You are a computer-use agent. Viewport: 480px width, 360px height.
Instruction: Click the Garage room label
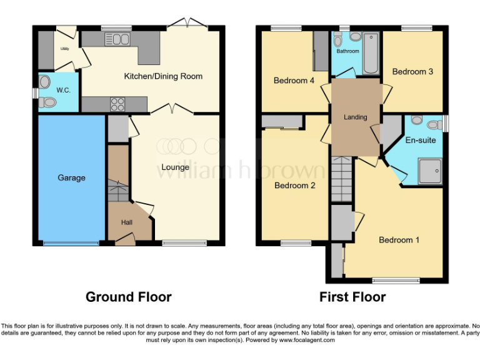pos(71,178)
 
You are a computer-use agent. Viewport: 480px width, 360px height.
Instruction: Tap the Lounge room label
pos(175,167)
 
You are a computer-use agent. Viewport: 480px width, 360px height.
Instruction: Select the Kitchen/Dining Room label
pos(163,76)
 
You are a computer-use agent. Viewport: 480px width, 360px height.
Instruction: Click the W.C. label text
pos(63,90)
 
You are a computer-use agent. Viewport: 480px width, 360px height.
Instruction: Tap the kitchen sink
pos(117,40)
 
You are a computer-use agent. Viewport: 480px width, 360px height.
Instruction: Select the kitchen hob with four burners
pos(117,104)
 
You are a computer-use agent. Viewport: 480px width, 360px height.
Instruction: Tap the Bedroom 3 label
pos(412,72)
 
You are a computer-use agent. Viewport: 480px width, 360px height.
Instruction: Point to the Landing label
pos(356,117)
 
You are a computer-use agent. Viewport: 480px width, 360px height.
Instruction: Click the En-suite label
pos(421,141)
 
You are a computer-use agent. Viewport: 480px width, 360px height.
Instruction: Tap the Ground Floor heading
pos(128,297)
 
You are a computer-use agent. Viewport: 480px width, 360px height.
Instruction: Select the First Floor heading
pos(352,297)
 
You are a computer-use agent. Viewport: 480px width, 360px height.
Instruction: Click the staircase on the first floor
pos(342,179)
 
